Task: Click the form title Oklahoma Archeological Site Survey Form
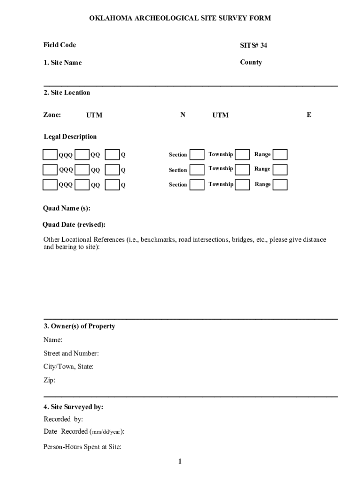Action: [x=180, y=18]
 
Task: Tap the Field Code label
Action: [x=60, y=45]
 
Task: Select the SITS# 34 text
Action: [x=253, y=45]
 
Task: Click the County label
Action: [x=251, y=62]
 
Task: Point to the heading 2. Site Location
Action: [x=67, y=93]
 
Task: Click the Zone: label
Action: [x=52, y=115]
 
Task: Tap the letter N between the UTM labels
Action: [x=183, y=115]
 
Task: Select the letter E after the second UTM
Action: [x=309, y=115]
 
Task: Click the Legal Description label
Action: [x=70, y=137]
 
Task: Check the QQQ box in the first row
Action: [x=50, y=154]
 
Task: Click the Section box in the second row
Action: [x=197, y=169]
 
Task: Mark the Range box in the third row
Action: [x=280, y=185]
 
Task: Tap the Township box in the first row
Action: [x=242, y=154]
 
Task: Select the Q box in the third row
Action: [x=112, y=185]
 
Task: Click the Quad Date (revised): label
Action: [x=74, y=225]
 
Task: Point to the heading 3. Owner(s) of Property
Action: [x=79, y=326]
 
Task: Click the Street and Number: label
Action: [x=71, y=353]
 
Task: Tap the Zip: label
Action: [x=49, y=380]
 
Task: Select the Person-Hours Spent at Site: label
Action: [x=82, y=447]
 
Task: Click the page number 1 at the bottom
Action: [x=180, y=462]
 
